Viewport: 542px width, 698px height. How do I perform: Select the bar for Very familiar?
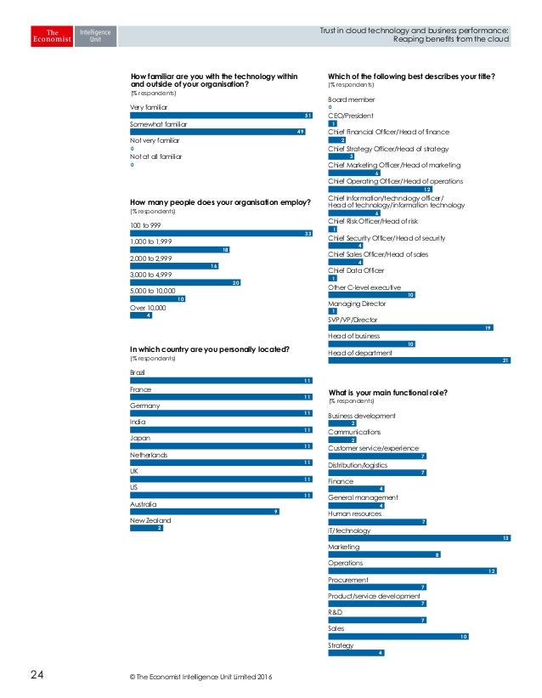point(222,116)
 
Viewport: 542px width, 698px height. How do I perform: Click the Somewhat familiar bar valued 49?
point(217,132)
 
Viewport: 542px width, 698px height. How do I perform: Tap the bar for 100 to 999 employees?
point(222,233)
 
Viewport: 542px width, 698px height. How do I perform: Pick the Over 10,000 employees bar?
point(141,315)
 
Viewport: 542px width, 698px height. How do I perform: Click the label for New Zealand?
point(150,519)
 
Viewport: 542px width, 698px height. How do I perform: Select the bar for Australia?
point(205,512)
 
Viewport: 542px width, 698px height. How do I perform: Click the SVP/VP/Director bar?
point(410,327)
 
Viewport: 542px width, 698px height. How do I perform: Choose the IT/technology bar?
point(419,538)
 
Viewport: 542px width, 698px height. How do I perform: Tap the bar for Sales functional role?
point(398,636)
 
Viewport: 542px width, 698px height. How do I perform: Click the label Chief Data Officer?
point(356,270)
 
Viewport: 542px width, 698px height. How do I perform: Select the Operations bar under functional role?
point(412,570)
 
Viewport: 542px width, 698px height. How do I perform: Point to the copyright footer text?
point(198,677)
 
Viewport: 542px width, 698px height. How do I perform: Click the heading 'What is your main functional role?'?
point(387,392)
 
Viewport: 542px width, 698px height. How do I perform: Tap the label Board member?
point(351,99)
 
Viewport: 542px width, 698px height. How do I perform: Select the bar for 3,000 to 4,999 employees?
point(185,282)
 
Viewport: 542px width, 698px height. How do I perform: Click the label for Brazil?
point(138,373)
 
